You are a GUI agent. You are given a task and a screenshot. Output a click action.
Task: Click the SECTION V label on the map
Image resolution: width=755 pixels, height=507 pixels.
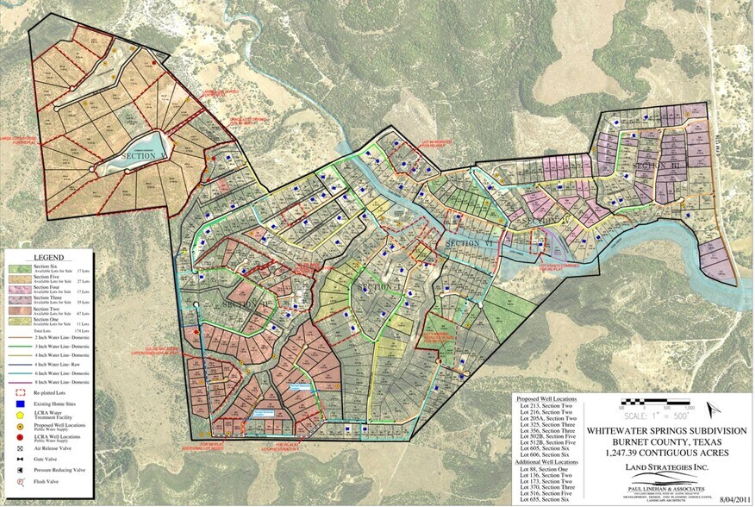tap(143, 156)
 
